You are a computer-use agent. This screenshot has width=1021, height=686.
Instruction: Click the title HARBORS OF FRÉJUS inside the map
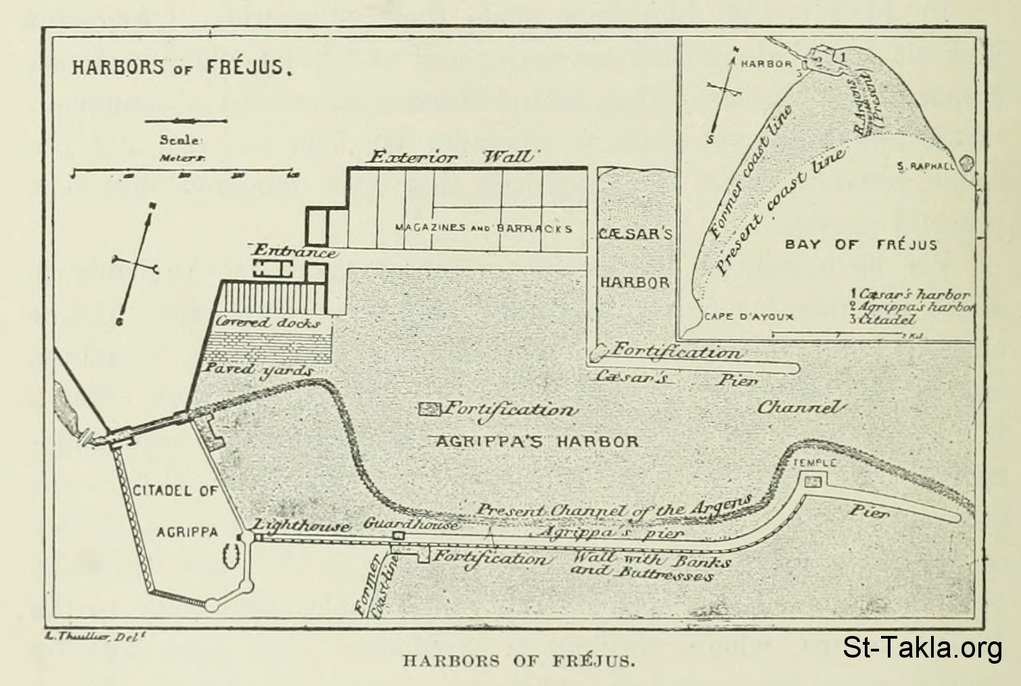tap(181, 68)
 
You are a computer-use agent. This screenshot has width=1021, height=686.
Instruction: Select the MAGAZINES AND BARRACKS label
tap(483, 229)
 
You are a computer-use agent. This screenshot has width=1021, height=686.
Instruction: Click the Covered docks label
tap(268, 323)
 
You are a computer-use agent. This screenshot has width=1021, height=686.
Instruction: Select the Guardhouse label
tap(411, 524)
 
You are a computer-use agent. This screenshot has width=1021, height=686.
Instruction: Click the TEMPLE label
tap(814, 463)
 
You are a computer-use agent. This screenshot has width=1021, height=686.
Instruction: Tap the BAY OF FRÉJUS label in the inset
tap(861, 244)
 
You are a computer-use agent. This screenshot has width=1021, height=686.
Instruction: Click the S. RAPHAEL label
tap(925, 166)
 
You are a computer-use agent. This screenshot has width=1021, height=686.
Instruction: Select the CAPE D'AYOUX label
tap(749, 317)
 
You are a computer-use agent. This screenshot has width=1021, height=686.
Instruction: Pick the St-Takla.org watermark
tap(922, 648)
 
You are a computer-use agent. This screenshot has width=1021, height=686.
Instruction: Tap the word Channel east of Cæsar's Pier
tap(801, 407)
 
